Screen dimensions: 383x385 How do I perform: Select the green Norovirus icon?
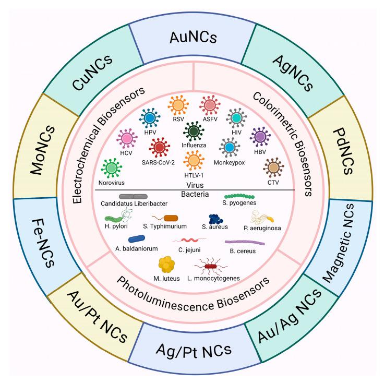tap(111, 169)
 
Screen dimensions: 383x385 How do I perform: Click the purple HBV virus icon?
tap(260, 137)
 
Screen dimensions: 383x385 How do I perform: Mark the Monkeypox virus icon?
tap(228, 148)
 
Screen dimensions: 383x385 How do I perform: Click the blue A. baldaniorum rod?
tap(137, 239)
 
